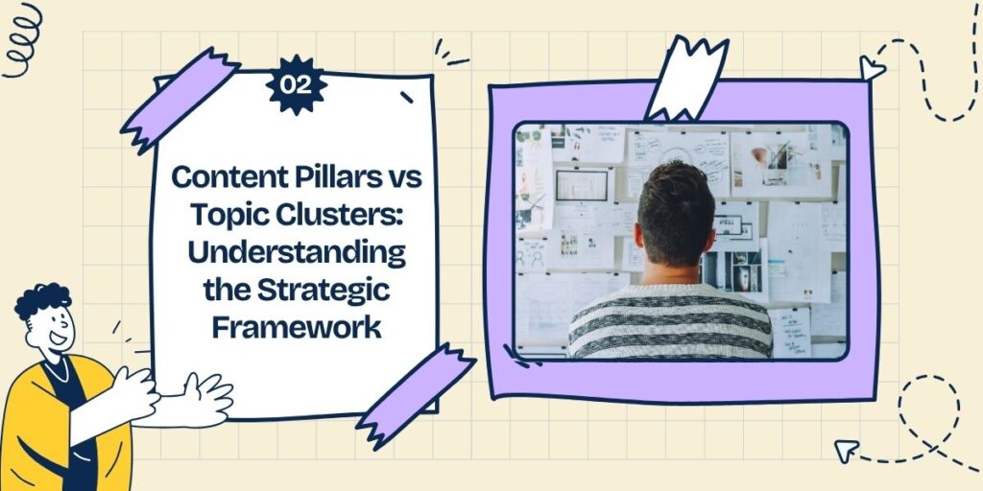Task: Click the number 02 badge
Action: tap(296, 85)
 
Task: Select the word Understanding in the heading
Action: tap(296, 253)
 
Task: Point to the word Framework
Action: tap(296, 327)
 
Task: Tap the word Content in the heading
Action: tap(223, 177)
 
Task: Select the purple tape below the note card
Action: tap(415, 394)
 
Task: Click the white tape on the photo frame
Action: tap(687, 77)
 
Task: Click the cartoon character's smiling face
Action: tap(53, 332)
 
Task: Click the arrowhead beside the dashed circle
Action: tap(845, 450)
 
